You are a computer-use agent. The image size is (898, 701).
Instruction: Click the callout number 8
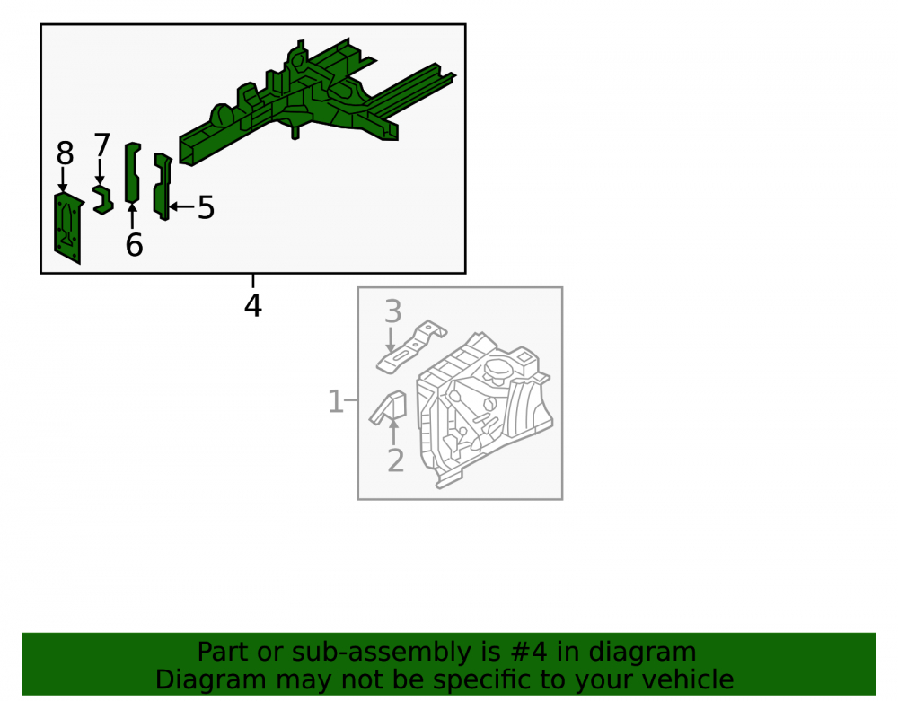pos(65,153)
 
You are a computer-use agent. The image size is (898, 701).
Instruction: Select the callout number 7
pos(101,145)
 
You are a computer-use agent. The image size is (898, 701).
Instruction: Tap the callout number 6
pos(134,245)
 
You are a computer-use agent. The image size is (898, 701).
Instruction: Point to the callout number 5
pos(206,207)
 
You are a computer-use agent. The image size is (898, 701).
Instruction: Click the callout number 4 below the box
pos(252,305)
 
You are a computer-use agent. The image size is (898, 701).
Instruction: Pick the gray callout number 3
pos(393,311)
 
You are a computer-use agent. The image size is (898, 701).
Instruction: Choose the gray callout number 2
pos(396,460)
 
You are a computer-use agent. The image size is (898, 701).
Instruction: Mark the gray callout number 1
pos(336,401)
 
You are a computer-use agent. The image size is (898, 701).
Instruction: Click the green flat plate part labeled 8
pos(68,229)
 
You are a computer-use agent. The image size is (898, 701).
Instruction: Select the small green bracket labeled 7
pos(103,199)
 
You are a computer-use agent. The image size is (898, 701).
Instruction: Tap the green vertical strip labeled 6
pos(132,172)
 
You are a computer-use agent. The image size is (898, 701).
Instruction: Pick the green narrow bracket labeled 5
pos(163,186)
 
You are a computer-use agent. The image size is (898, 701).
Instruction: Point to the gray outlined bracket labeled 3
pos(411,346)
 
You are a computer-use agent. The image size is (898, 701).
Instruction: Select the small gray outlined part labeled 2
pos(388,408)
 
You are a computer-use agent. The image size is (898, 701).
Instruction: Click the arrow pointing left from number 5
pos(182,206)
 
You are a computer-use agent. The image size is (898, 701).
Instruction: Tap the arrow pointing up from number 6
pos(132,216)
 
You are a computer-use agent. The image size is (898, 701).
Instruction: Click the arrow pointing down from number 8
pos(63,180)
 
